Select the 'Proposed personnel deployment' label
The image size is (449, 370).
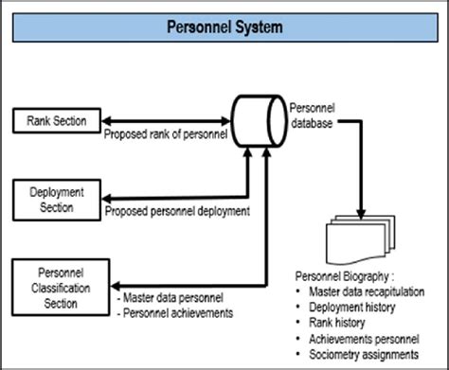(177, 211)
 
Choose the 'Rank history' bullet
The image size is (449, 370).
(339, 322)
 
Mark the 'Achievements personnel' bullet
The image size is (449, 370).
(364, 337)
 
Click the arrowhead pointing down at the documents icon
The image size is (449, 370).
(362, 207)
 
